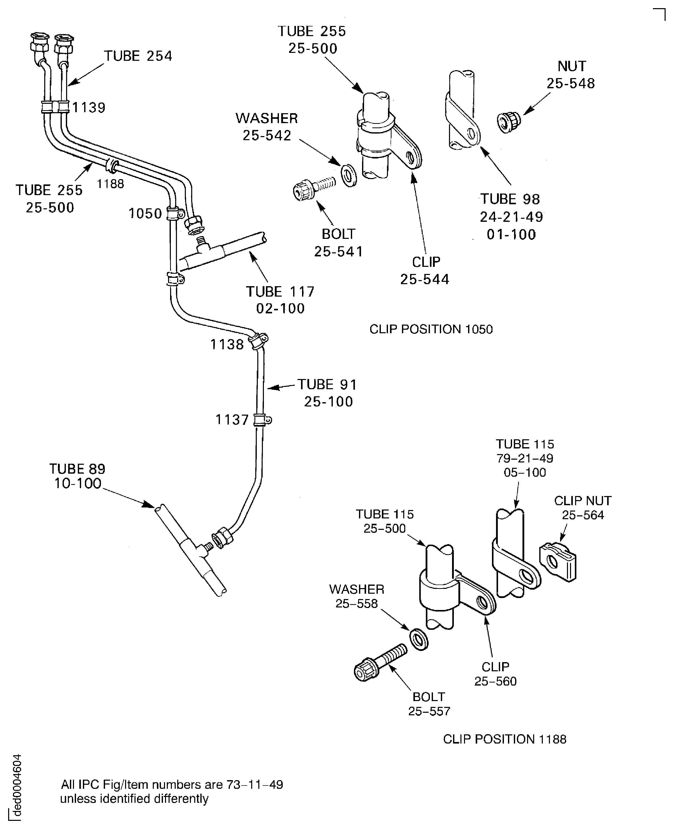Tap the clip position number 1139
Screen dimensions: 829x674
(x=89, y=108)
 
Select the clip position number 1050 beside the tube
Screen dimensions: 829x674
(x=145, y=214)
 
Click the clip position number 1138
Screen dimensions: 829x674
(x=227, y=344)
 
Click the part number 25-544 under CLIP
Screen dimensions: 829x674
(x=425, y=279)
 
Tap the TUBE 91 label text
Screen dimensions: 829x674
(x=327, y=385)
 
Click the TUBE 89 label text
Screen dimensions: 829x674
(x=77, y=469)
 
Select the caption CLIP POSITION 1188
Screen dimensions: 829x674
(x=505, y=739)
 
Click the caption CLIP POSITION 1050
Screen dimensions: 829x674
(x=431, y=329)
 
